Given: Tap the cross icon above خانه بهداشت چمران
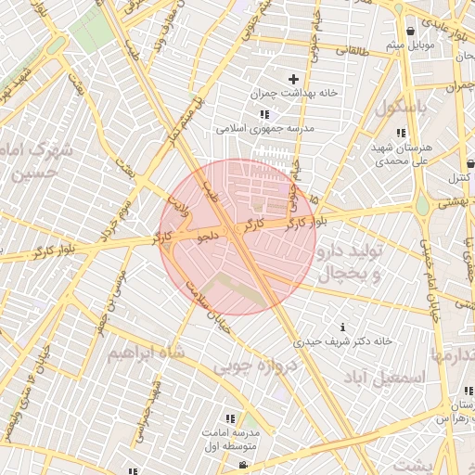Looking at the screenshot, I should coord(295,80).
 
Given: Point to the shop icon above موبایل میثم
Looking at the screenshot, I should coord(410,31).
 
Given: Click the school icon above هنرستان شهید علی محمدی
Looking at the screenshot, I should coord(401,133).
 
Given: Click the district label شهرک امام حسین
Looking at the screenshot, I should coord(37,160).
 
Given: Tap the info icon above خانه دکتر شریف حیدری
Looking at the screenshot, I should coord(344,327).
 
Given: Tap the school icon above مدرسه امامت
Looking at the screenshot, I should coord(230,418).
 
